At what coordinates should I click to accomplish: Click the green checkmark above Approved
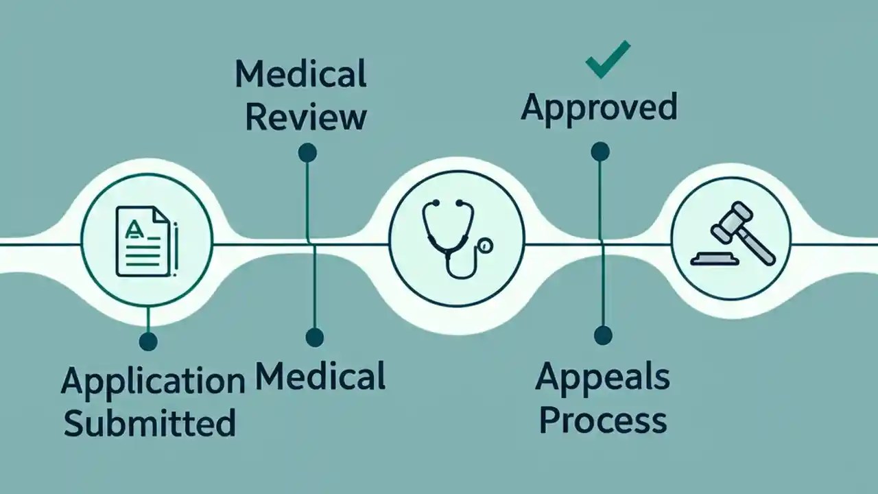(608, 59)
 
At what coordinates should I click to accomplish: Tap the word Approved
(599, 107)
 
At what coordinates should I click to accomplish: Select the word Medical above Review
(300, 74)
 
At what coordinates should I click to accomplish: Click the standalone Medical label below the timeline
(320, 377)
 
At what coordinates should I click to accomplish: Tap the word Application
(153, 381)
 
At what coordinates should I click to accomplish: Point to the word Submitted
(150, 422)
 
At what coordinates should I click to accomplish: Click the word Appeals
(602, 377)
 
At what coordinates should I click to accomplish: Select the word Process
(602, 419)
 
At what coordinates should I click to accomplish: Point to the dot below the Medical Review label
(307, 152)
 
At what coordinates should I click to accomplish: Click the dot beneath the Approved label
(600, 151)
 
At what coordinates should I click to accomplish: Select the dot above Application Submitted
(147, 340)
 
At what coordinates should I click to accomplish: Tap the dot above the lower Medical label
(314, 337)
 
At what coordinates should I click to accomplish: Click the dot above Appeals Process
(602, 335)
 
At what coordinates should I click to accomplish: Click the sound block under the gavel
(714, 259)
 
